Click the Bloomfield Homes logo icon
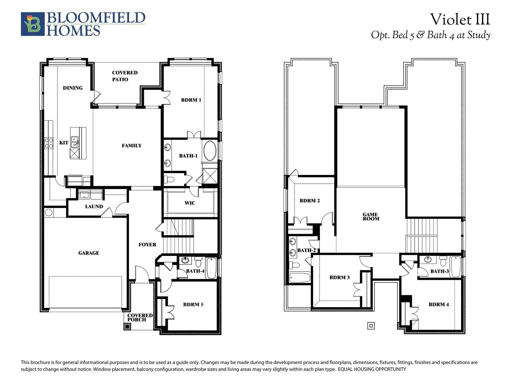coord(33,24)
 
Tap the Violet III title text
coord(460,19)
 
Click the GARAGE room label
coord(89,253)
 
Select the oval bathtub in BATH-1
coord(210,151)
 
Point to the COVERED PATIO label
coord(124,76)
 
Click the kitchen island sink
coord(75,142)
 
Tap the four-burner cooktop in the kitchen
coord(49,143)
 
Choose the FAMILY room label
coord(131,146)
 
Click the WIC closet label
coord(190,203)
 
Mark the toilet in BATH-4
coord(198,262)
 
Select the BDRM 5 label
coord(193,304)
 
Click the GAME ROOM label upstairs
coord(370,217)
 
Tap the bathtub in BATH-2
coord(299,277)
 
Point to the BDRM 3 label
coord(339,277)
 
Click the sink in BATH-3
coord(428,260)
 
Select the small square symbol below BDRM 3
coord(371,326)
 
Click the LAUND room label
coord(94,207)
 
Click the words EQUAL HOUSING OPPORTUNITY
coord(372,369)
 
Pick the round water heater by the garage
coord(49,212)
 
